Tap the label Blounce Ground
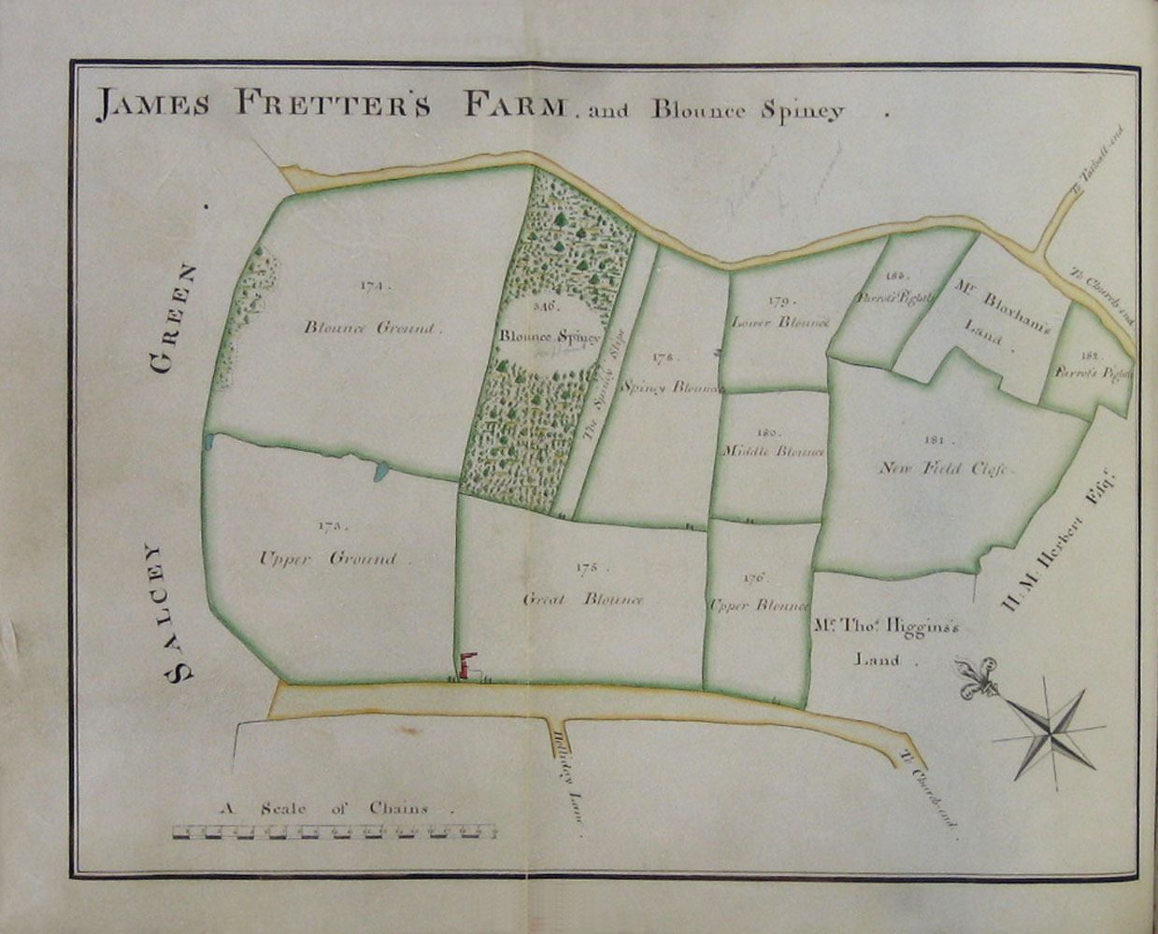click(371, 327)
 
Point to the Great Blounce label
click(583, 599)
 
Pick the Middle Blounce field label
click(774, 450)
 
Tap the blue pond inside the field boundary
click(379, 472)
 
